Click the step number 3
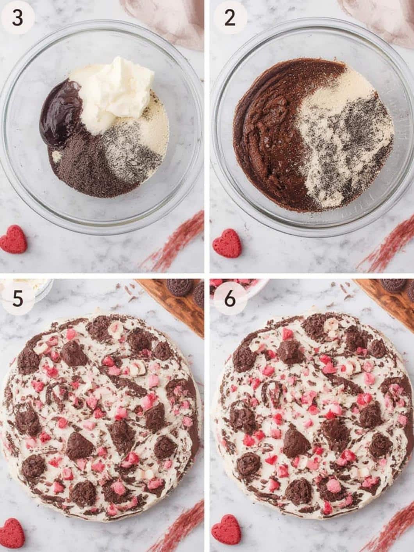click(17, 18)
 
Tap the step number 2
click(230, 18)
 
